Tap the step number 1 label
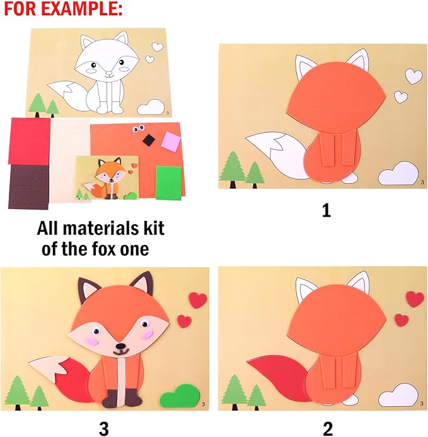pos(326,210)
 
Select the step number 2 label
pos(327,428)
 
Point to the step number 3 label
pos(104,428)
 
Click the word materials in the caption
pos(111,227)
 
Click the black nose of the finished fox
pos(119,346)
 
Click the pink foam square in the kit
pos(171,142)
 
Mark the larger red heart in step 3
pos(198,300)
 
